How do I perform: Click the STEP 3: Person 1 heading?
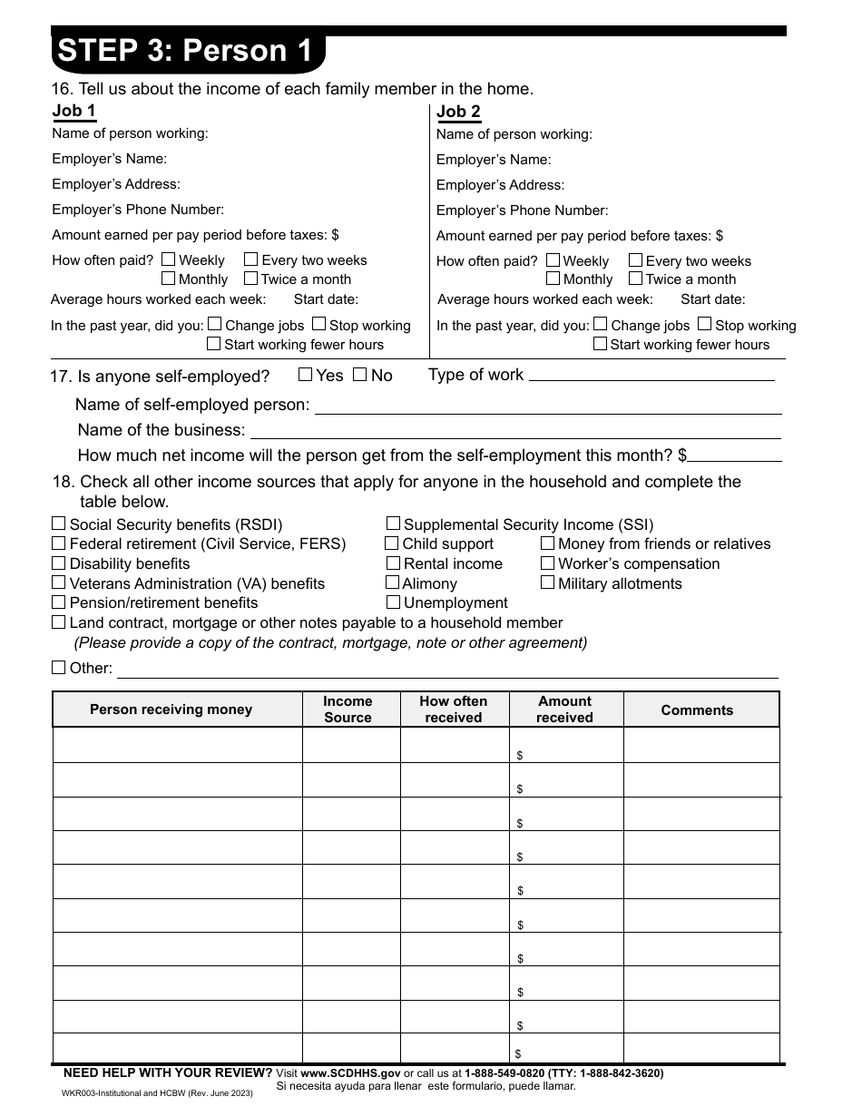185,51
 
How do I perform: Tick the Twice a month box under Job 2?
636,279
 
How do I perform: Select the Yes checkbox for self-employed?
306,374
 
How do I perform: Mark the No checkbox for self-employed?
359,374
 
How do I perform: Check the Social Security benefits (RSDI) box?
59,524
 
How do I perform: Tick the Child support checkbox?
392,543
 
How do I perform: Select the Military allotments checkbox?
547,582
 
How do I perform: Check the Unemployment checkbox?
393,602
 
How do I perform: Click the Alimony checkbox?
392,582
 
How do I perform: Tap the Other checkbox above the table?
59,668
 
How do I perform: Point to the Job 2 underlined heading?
459,112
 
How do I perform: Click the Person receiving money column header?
171,710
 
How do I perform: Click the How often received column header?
453,710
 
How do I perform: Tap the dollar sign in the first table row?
520,755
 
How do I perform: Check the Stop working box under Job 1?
319,324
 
